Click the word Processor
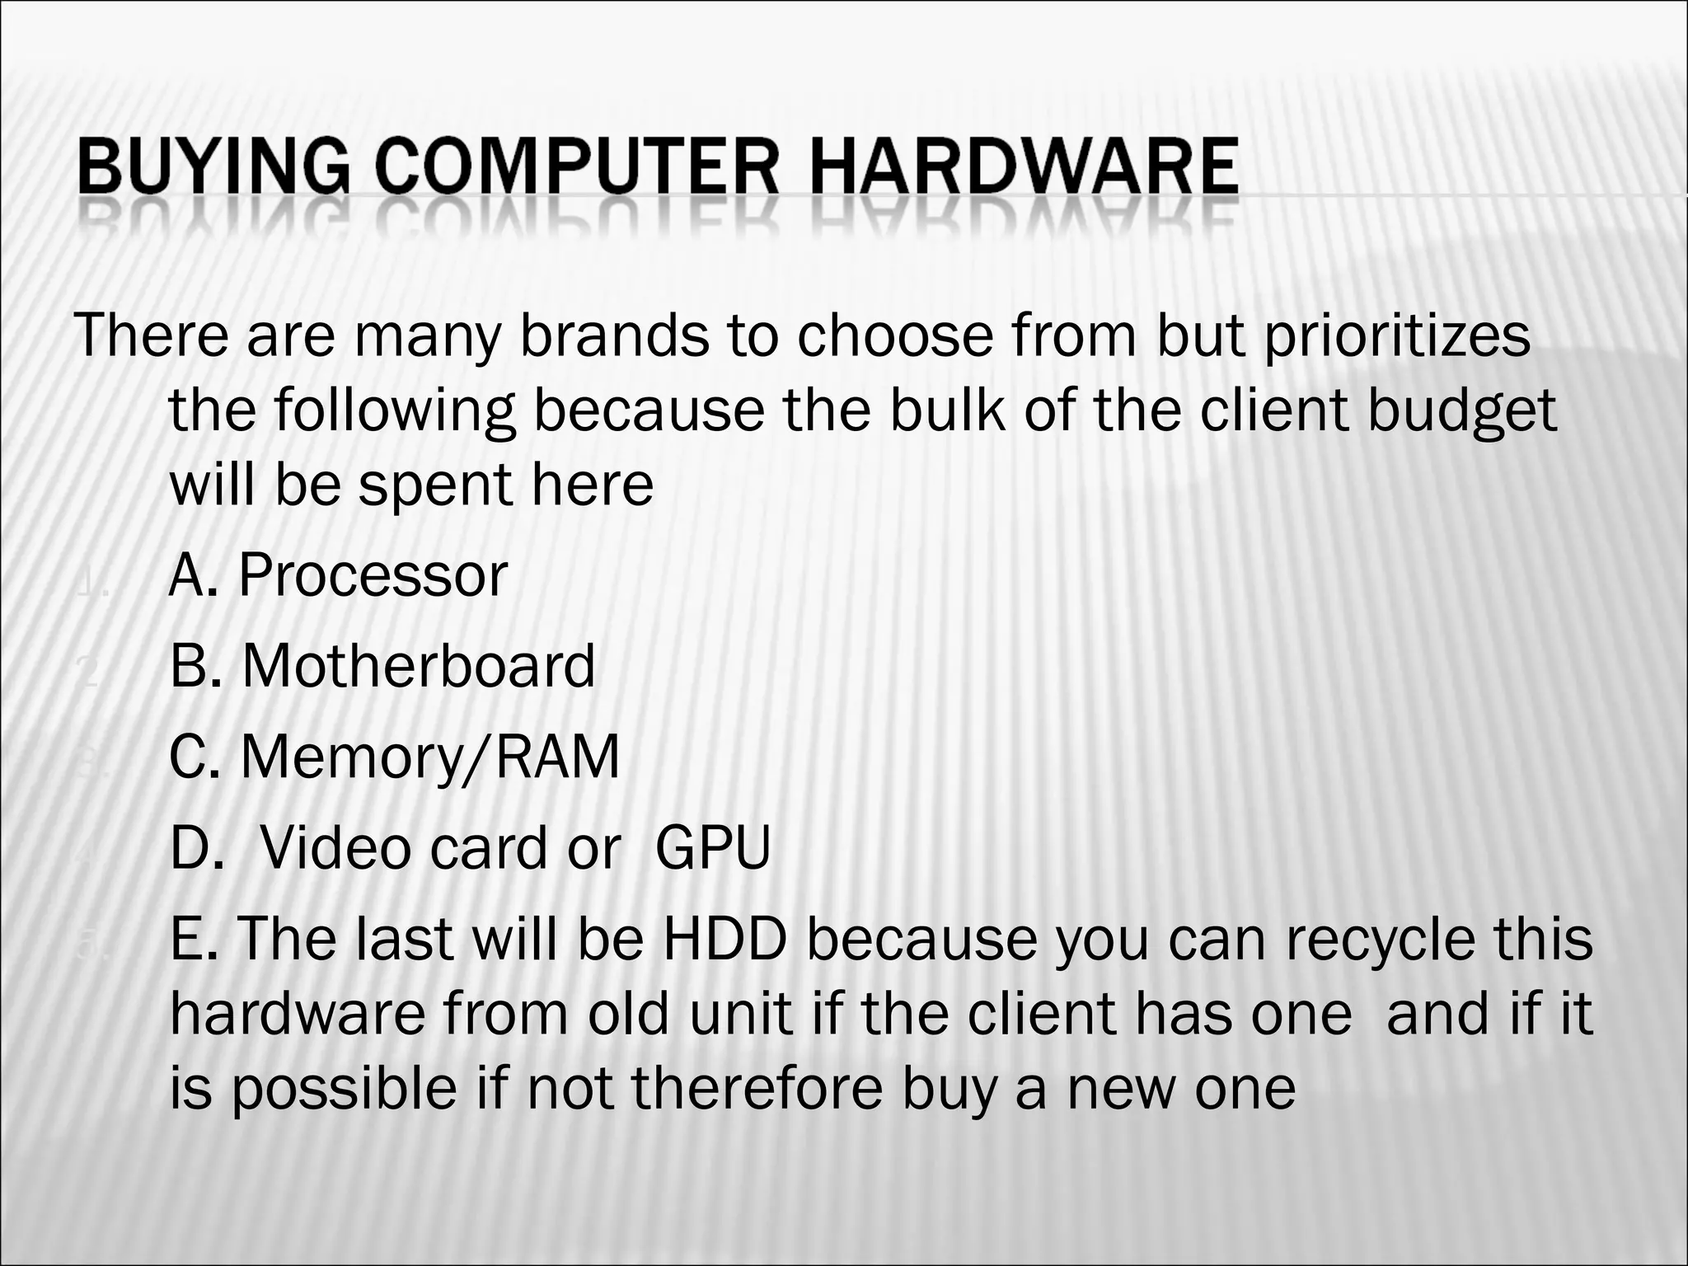[x=373, y=575]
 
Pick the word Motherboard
[x=418, y=666]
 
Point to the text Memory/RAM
[x=429, y=757]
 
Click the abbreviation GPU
[x=713, y=848]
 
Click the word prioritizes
[x=1397, y=335]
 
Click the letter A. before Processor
[x=194, y=575]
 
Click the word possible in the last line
[x=344, y=1090]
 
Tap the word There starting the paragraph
[x=152, y=335]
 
